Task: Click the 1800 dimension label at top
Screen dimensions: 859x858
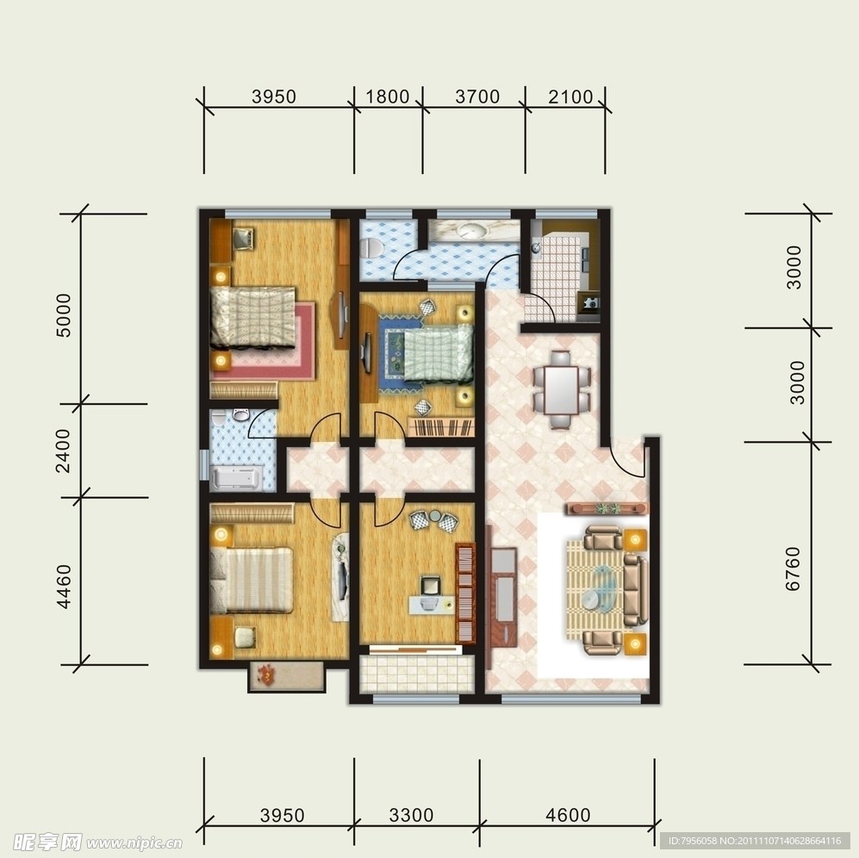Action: click(388, 96)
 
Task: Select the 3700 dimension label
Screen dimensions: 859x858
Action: click(477, 96)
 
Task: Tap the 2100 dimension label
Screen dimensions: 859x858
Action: click(570, 96)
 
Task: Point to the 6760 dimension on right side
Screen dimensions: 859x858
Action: click(793, 569)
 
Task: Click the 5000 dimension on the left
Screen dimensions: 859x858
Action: click(64, 315)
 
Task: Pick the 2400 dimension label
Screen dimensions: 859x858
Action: click(63, 451)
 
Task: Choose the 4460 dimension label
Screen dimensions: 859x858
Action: click(64, 587)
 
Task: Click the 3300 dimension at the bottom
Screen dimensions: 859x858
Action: click(411, 815)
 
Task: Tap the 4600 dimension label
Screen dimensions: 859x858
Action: click(568, 815)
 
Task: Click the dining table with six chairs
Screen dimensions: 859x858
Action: click(562, 389)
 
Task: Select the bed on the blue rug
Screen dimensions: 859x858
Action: click(439, 352)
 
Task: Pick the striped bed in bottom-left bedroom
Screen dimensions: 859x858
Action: click(251, 580)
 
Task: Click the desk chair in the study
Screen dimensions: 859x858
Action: click(431, 585)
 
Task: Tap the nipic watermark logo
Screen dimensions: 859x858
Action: click(97, 842)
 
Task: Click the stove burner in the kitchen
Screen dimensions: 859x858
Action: click(590, 302)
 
